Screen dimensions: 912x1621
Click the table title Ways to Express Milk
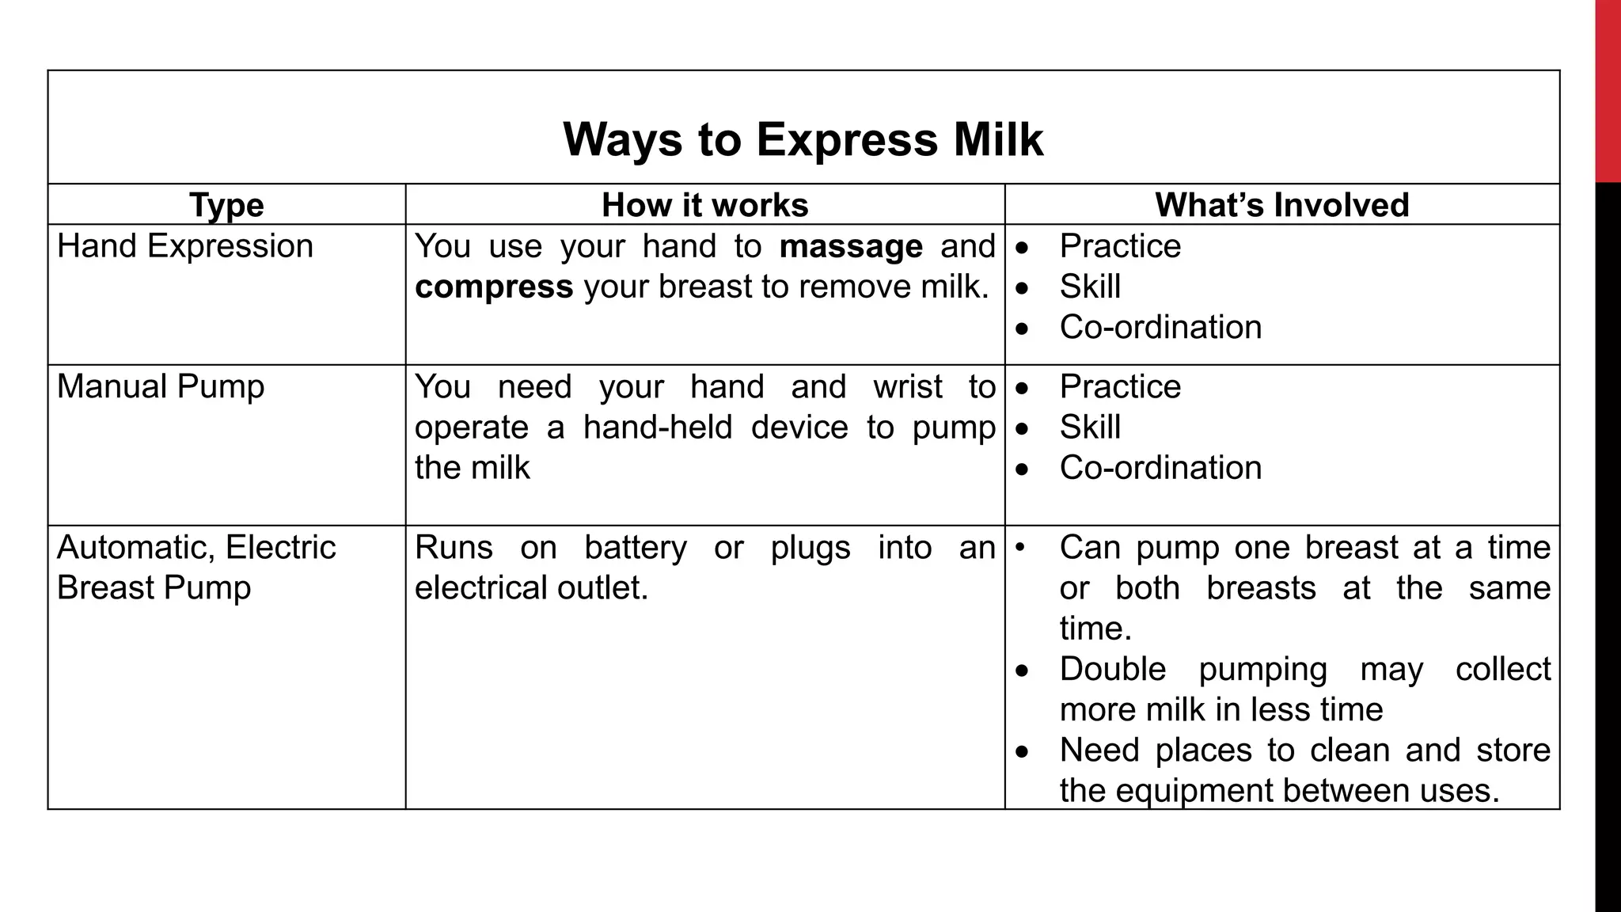(803, 139)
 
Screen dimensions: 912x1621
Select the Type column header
(226, 205)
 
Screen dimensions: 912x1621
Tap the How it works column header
(704, 205)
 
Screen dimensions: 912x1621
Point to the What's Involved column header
(1281, 205)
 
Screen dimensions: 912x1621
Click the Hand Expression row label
(185, 246)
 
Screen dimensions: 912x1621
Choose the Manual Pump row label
(161, 387)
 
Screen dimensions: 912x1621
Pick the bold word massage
(850, 246)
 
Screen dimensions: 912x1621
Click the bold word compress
(493, 287)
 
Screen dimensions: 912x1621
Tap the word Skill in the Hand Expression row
(1090, 287)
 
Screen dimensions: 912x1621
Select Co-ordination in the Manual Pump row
(1160, 468)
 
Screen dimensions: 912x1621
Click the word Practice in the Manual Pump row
(1120, 387)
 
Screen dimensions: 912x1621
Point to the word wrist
(907, 387)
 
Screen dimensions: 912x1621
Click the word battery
(635, 548)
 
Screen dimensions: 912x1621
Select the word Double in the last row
(1112, 670)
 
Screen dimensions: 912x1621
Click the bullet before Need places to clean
(1023, 750)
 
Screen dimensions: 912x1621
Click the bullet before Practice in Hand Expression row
(1023, 247)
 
